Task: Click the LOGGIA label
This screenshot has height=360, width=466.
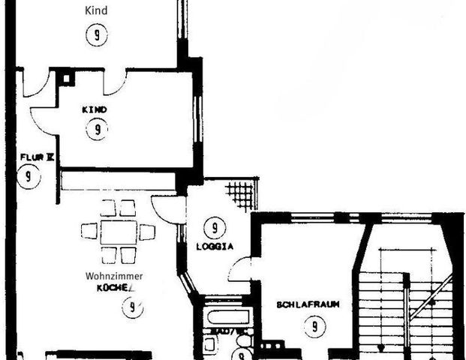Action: click(215, 245)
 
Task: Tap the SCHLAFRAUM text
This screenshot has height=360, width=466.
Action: click(308, 304)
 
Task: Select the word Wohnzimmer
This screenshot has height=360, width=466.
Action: click(113, 276)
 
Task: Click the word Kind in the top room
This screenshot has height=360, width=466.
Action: click(97, 10)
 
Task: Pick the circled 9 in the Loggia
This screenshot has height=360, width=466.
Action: click(215, 226)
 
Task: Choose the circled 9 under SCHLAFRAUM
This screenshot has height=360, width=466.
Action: click(310, 326)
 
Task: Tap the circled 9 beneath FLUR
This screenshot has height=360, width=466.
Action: click(29, 177)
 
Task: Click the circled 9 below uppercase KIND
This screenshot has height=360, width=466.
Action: click(96, 130)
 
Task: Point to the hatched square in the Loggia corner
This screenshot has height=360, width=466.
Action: click(241, 196)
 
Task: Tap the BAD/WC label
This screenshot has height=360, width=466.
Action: click(225, 330)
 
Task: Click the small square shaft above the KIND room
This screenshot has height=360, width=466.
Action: click(66, 76)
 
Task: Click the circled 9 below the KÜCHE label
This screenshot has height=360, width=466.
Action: click(132, 307)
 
